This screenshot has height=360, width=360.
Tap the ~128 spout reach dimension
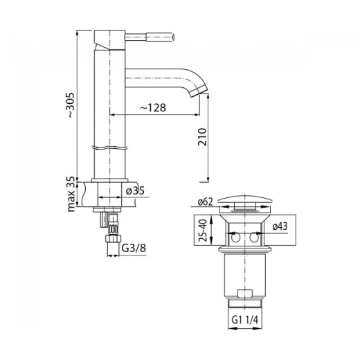click(153, 107)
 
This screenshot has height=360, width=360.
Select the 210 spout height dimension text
click(202, 136)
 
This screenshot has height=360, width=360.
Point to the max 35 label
click(72, 194)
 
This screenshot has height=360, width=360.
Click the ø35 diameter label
click(135, 190)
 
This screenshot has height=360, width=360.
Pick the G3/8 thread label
click(134, 249)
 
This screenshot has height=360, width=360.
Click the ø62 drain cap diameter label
click(205, 202)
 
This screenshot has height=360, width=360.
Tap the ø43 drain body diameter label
click(280, 226)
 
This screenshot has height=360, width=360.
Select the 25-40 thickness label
click(202, 230)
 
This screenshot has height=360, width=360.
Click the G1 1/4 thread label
click(245, 320)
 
